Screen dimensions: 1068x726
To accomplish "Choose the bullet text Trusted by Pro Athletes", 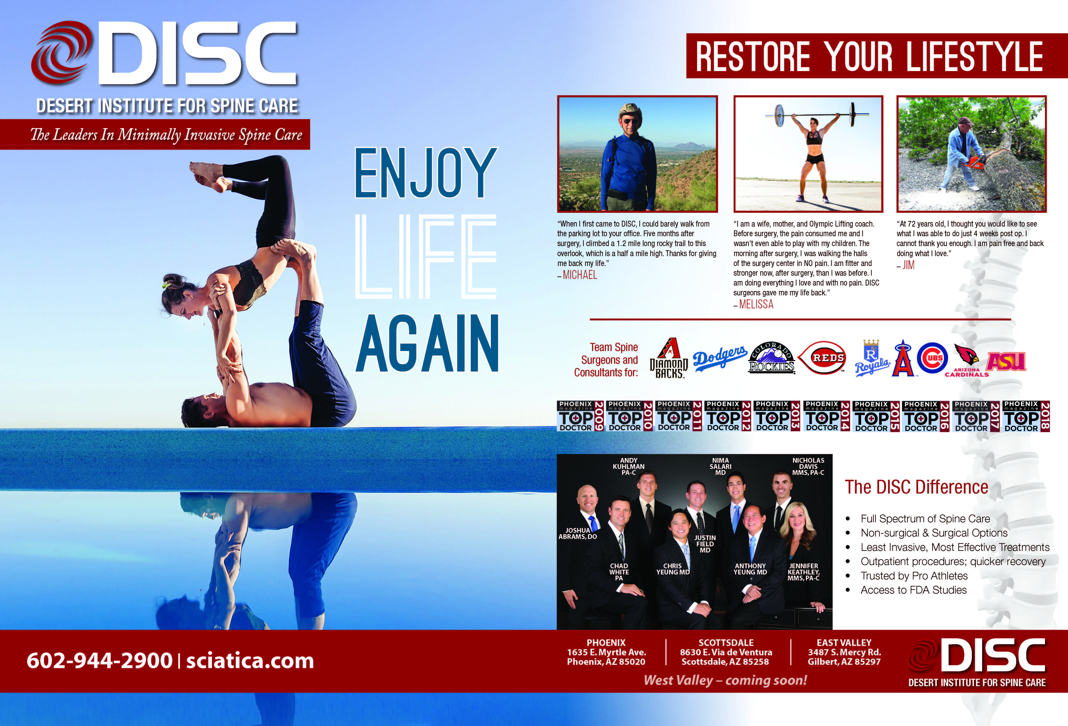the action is point(914,576).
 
